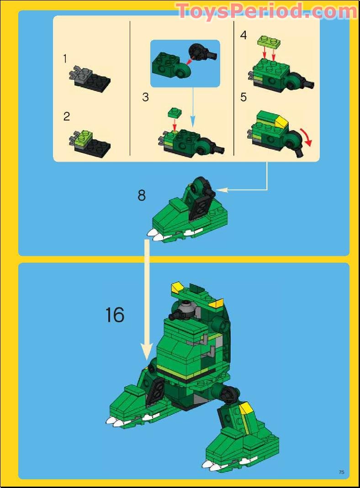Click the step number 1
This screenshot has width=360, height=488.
(x=65, y=59)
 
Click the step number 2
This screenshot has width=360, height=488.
(x=67, y=116)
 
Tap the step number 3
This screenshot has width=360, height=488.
(x=145, y=97)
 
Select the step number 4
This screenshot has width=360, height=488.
(x=243, y=35)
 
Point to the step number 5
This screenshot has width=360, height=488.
(x=243, y=97)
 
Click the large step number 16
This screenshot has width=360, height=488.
(x=115, y=315)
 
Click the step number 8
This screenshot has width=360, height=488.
(x=142, y=195)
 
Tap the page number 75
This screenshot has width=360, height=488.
(x=341, y=472)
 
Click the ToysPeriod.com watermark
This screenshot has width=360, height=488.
(x=266, y=10)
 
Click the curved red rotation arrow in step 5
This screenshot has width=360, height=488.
(x=308, y=138)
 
